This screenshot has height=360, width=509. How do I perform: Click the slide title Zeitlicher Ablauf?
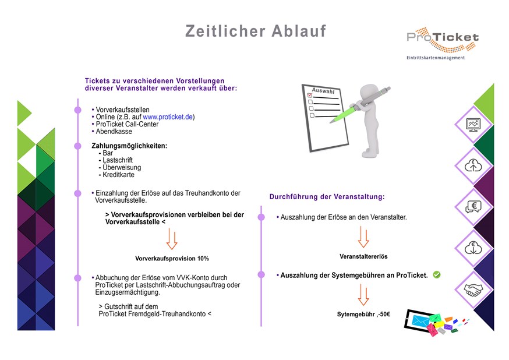pyautogui.click(x=256, y=31)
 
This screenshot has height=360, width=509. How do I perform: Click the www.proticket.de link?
pyautogui.click(x=168, y=117)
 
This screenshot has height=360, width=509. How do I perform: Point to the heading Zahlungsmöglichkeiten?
pyautogui.click(x=129, y=146)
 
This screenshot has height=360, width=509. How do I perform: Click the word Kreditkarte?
pyautogui.click(x=118, y=175)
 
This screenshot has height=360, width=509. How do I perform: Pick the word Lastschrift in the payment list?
pyautogui.click(x=118, y=160)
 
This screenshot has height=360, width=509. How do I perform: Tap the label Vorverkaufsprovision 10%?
pyautogui.click(x=172, y=259)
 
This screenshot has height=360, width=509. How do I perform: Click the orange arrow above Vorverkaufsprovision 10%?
pyautogui.click(x=172, y=239)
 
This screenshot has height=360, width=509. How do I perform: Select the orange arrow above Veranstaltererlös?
pyautogui.click(x=363, y=237)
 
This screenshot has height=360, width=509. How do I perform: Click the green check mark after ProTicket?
pyautogui.click(x=437, y=274)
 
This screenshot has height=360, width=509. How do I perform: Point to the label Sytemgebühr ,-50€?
pyautogui.click(x=363, y=314)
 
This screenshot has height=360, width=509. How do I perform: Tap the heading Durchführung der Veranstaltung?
pyautogui.click(x=327, y=197)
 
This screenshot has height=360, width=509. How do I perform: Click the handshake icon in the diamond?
pyautogui.click(x=473, y=290)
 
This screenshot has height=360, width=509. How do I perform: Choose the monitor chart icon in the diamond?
pyautogui.click(x=473, y=125)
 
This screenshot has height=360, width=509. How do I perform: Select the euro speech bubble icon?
pyautogui.click(x=473, y=206)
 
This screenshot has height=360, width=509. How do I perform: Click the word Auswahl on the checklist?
pyautogui.click(x=323, y=91)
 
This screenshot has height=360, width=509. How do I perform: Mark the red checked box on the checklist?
pyautogui.click(x=310, y=95)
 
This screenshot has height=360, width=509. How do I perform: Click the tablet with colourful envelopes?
pyautogui.click(x=435, y=323)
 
